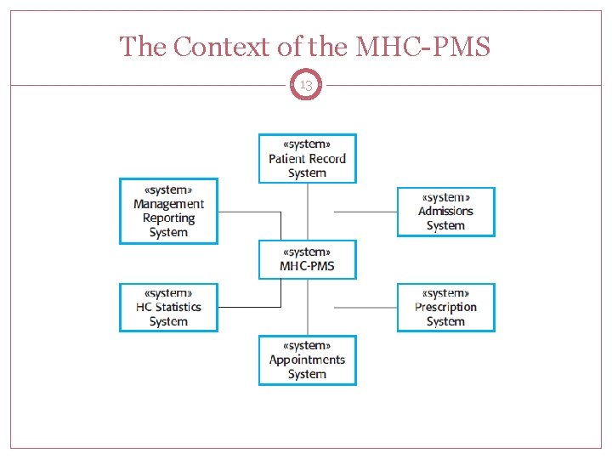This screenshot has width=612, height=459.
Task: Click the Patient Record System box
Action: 307,158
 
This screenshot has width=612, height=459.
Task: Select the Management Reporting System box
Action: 168,211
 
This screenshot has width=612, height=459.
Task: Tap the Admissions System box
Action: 445,212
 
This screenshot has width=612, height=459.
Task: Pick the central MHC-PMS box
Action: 307,259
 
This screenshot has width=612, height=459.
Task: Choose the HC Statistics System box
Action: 168,307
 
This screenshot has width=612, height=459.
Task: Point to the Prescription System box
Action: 445,307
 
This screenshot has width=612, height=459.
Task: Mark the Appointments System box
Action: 307,360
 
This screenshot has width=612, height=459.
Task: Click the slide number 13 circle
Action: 306,85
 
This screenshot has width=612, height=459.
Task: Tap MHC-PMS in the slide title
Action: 422,47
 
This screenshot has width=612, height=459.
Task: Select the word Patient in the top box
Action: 286,159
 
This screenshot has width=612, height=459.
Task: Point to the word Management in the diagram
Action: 168,204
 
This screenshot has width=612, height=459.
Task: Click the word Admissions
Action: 445,212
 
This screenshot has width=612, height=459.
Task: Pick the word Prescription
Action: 445,308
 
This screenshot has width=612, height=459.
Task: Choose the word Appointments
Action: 307,360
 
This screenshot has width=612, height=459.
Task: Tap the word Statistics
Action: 178,308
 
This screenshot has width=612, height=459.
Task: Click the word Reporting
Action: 168,218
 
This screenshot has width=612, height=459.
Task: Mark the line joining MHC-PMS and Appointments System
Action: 307,307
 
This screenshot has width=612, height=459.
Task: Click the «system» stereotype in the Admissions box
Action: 445,197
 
